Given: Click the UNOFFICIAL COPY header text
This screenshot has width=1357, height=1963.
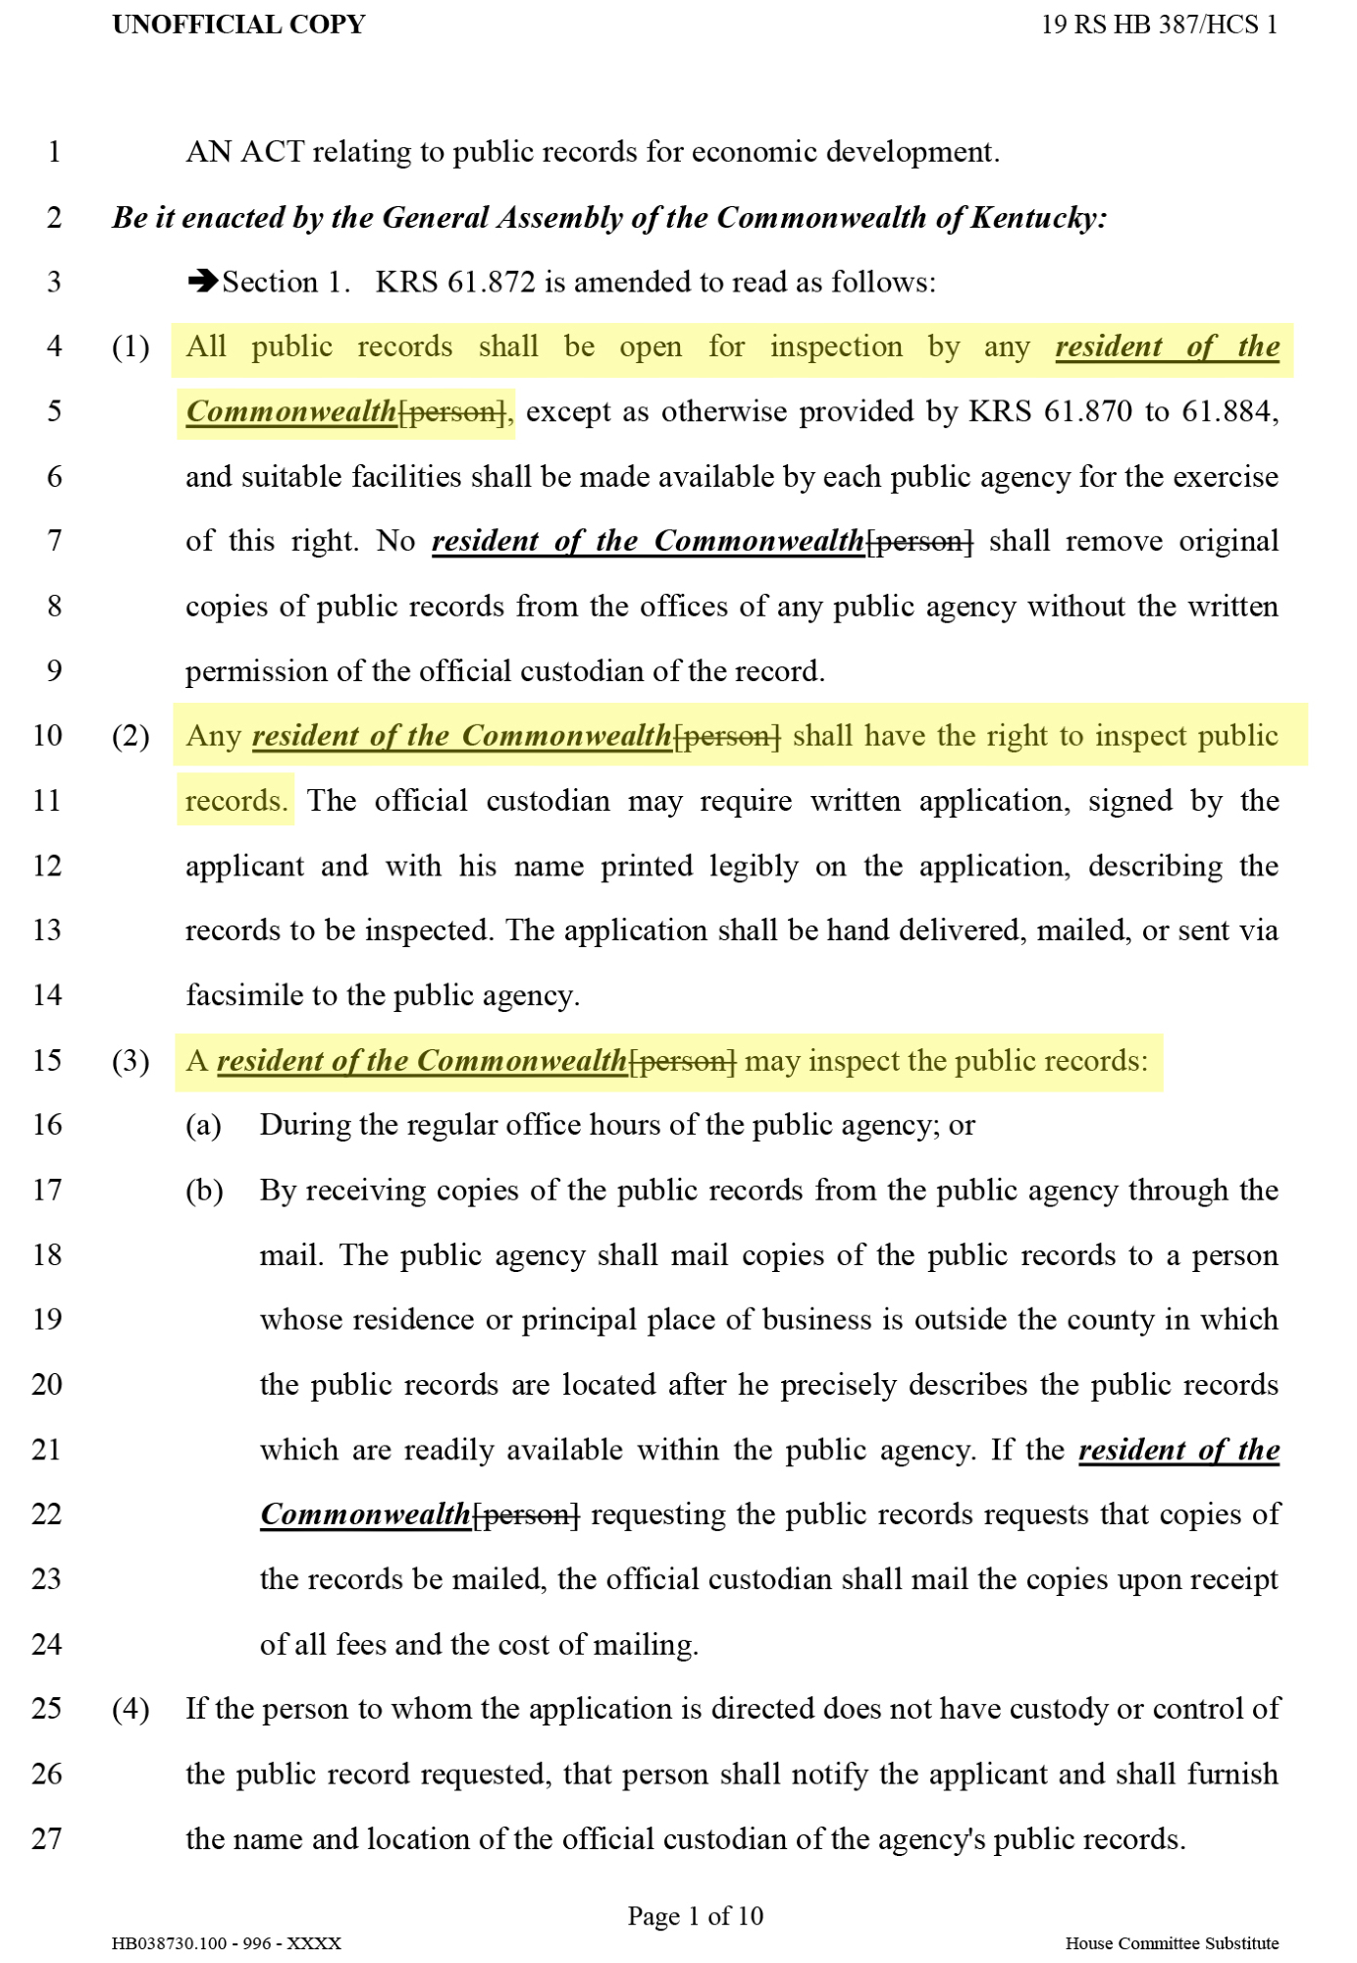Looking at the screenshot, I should click(x=238, y=25).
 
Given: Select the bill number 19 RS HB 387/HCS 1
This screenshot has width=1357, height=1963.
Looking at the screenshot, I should click(x=1159, y=25).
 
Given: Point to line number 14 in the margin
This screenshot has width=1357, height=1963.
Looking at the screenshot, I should click(x=47, y=995).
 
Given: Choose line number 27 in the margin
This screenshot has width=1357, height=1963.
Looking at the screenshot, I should click(x=47, y=1838).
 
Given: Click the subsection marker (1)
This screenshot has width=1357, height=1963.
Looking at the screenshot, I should click(x=130, y=346).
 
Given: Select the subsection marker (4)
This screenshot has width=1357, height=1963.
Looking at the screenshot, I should click(x=130, y=1709).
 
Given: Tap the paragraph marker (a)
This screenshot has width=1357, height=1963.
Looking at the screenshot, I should click(x=203, y=1125).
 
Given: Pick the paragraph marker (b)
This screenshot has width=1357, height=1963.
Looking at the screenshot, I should click(x=204, y=1191).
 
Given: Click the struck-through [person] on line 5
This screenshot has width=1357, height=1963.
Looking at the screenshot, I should click(x=453, y=412).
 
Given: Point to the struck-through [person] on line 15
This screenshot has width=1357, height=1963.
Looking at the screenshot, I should click(x=682, y=1061).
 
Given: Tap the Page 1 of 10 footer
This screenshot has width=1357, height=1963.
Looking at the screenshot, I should click(x=695, y=1916).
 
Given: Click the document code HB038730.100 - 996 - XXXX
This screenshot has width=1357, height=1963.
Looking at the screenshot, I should click(x=227, y=1943).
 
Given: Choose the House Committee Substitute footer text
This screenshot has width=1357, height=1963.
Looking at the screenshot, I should click(x=1172, y=1943).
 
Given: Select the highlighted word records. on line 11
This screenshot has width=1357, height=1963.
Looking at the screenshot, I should click(x=236, y=801).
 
